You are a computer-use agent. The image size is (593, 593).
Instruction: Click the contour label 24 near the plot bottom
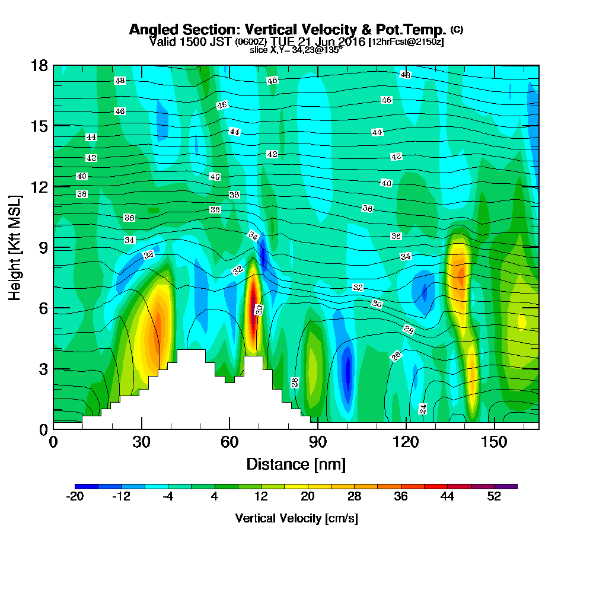[423, 409]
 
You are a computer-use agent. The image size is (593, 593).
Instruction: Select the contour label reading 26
[396, 356]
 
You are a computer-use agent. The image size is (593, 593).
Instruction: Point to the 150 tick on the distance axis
[495, 442]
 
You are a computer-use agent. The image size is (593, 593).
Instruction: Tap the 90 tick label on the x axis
[318, 442]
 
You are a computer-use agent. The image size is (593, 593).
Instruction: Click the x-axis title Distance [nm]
[296, 463]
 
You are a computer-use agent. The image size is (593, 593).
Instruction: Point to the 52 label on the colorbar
[495, 497]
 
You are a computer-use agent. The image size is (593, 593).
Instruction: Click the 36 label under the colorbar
[401, 497]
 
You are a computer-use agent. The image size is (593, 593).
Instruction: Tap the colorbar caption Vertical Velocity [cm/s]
[296, 518]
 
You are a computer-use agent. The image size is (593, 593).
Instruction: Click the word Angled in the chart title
[151, 30]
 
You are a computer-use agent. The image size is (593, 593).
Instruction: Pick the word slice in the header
[259, 50]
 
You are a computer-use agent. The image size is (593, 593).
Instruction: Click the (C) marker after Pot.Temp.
[457, 29]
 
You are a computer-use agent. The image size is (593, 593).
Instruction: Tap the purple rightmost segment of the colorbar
[511, 486]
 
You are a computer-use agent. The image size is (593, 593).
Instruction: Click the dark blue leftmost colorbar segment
[81, 486]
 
